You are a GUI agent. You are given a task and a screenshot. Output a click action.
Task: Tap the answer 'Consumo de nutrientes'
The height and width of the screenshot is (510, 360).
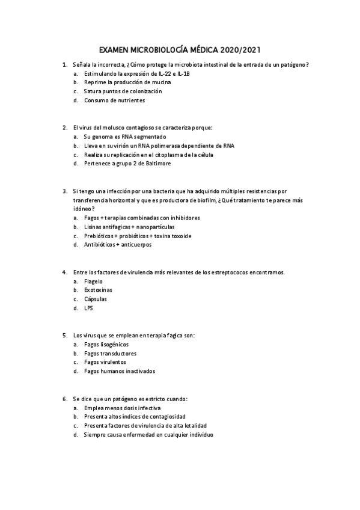pyautogui.click(x=114, y=100)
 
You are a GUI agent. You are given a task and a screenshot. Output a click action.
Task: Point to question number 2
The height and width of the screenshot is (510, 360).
pyautogui.click(x=64, y=127)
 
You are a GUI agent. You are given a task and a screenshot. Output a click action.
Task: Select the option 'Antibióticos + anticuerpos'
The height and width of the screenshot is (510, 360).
pyautogui.click(x=118, y=245)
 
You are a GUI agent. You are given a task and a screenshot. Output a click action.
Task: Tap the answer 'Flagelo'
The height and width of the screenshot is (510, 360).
pyautogui.click(x=93, y=281)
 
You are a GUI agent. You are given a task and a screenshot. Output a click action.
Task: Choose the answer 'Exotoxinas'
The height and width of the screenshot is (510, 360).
pyautogui.click(x=97, y=290)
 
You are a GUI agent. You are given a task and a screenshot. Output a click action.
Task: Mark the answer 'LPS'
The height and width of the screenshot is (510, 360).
pyautogui.click(x=89, y=308)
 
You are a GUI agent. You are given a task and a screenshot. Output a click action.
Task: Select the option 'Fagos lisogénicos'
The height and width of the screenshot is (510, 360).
pyautogui.click(x=107, y=344)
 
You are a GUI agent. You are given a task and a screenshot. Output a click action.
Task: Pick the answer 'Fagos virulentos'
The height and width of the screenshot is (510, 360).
pyautogui.click(x=105, y=362)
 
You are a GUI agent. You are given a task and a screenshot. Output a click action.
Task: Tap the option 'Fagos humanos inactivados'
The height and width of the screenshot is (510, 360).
pyautogui.click(x=120, y=371)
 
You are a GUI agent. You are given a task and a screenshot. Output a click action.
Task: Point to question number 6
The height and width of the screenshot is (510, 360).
pyautogui.click(x=64, y=398)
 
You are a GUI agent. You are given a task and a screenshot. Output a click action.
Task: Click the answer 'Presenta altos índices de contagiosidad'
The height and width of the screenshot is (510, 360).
pyautogui.click(x=135, y=416)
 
